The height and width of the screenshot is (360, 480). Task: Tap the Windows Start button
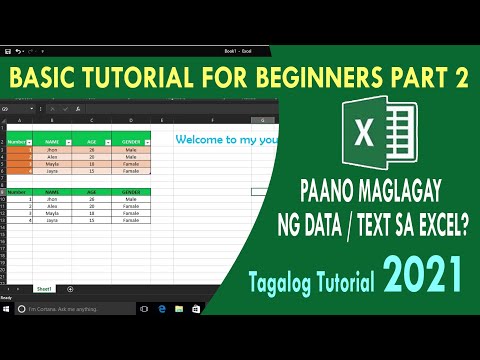(7, 309)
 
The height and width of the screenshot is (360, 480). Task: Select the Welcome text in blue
(204, 140)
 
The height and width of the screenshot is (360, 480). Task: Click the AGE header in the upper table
(91, 142)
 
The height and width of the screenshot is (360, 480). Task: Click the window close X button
(471, 50)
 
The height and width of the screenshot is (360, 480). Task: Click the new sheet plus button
(70, 288)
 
